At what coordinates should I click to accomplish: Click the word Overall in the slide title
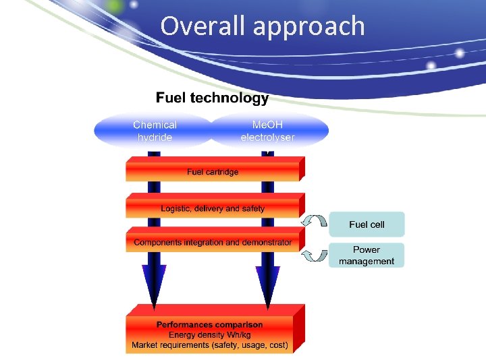point(202,26)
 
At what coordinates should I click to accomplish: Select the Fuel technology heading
point(212,98)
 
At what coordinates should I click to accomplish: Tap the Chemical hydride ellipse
point(155,131)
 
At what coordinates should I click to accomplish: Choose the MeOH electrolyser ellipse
point(268,131)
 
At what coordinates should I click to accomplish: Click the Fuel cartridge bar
point(213,172)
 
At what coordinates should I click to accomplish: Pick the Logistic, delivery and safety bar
point(213,208)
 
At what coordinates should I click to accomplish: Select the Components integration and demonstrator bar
point(213,242)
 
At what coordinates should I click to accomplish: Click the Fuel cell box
point(367,224)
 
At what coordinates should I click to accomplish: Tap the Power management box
point(367,255)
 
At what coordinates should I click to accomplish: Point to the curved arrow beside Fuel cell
point(314,222)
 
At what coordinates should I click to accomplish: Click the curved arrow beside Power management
point(314,254)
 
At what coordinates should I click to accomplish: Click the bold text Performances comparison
point(210,324)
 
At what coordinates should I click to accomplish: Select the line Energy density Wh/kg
point(210,334)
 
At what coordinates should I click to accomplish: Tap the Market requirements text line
point(210,345)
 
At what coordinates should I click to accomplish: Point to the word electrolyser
point(268,138)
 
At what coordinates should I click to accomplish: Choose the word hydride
point(155,138)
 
